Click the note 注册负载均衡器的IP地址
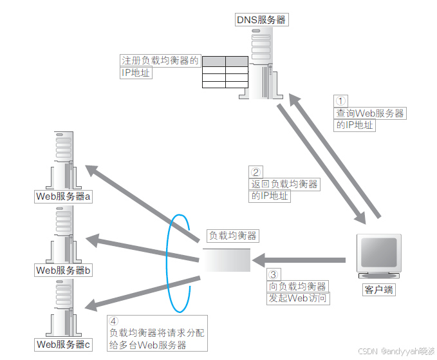click(x=160, y=66)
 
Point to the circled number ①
click(x=341, y=100)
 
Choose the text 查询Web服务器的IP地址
click(x=371, y=119)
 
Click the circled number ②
click(x=256, y=172)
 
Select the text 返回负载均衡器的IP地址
click(x=284, y=190)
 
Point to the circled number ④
click(x=114, y=321)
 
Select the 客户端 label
click(x=378, y=290)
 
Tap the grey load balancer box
click(x=226, y=260)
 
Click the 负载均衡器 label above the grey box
click(x=232, y=236)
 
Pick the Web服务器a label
click(x=64, y=196)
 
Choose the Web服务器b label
click(x=64, y=270)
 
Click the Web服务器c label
click(x=64, y=345)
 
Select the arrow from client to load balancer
click(x=299, y=260)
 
